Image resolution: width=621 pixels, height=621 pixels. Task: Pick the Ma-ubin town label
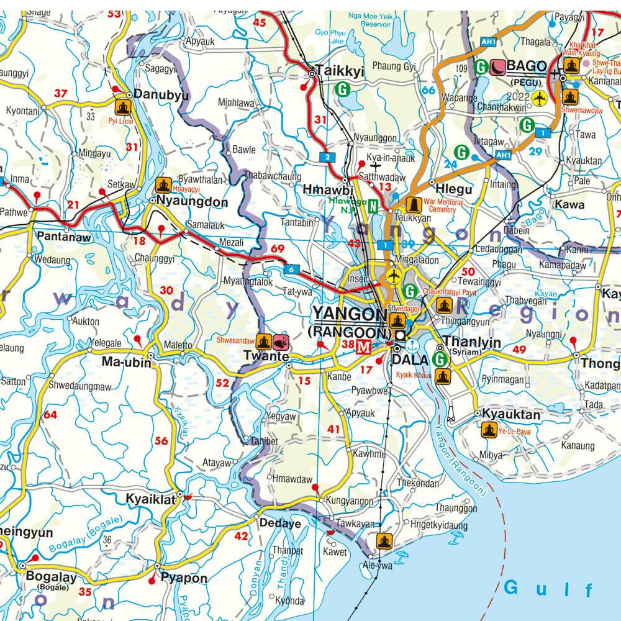pos(127,363)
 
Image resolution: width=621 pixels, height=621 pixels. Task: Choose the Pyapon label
pos(184,578)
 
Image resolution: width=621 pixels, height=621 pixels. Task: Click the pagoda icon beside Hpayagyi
pos(163,184)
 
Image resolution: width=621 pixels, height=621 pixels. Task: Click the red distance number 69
pos(277,249)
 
